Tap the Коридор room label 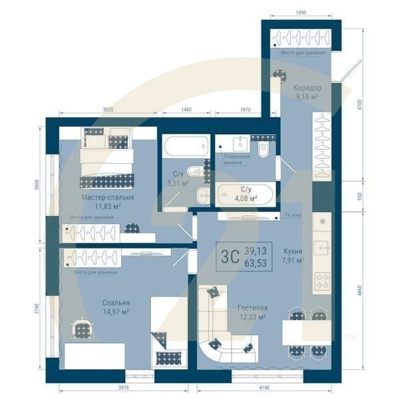307,87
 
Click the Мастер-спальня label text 108,198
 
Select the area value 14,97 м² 116,311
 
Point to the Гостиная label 252,309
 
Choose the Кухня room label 292,251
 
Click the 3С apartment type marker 230,255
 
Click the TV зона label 292,216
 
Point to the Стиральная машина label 237,158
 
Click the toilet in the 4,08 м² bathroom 264,152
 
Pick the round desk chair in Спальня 83,328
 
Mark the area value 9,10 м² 306,96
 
